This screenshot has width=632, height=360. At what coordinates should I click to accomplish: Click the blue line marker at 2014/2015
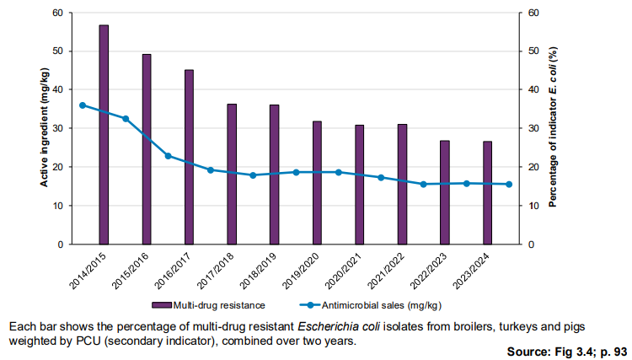click(x=83, y=105)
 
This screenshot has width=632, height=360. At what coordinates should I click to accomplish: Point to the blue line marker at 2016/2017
click(x=168, y=156)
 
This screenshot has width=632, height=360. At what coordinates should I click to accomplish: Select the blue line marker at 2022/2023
click(x=424, y=184)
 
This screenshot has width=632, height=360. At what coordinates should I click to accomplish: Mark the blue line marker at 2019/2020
click(x=296, y=172)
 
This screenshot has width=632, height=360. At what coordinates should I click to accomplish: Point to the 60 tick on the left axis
click(x=57, y=13)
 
